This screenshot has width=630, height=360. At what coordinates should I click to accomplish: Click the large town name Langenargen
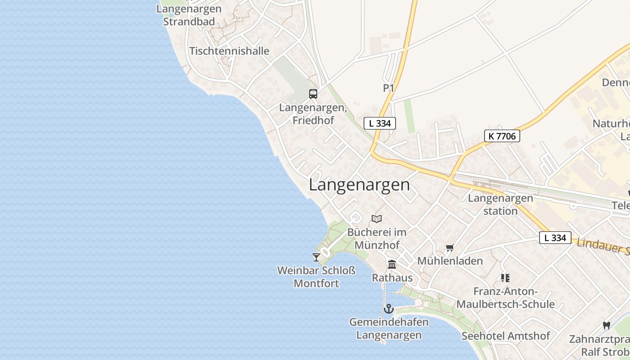pyautogui.click(x=360, y=185)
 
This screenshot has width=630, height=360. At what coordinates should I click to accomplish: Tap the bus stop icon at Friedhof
pyautogui.click(x=313, y=94)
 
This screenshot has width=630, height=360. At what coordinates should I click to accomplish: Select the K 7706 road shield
pyautogui.click(x=502, y=136)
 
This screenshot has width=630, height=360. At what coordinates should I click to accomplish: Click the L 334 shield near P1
pyautogui.click(x=380, y=123)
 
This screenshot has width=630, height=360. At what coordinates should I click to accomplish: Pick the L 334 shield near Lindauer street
pyautogui.click(x=555, y=238)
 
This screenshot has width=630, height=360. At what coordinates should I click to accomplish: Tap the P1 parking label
pyautogui.click(x=388, y=88)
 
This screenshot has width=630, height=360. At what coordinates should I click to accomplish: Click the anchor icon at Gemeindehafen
pyautogui.click(x=388, y=309)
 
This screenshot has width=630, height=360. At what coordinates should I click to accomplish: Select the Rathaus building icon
pyautogui.click(x=392, y=264)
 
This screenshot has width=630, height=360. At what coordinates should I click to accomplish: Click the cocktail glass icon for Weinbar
pyautogui.click(x=316, y=257)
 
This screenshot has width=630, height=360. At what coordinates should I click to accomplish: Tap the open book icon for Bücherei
pyautogui.click(x=377, y=219)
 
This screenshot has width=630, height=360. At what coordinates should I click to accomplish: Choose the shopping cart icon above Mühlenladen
pyautogui.click(x=450, y=247)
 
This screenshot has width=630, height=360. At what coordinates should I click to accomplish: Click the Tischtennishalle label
pyautogui.click(x=229, y=51)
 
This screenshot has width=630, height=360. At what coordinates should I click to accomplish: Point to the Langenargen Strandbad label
pyautogui.click(x=189, y=15)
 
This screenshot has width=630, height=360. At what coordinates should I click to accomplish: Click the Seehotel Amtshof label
pyautogui.click(x=506, y=336)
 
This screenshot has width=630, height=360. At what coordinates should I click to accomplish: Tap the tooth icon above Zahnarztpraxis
pyautogui.click(x=606, y=325)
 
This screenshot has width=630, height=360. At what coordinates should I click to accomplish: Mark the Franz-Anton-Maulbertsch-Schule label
pyautogui.click(x=505, y=298)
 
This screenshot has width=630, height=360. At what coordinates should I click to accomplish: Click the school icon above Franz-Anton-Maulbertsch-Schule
pyautogui.click(x=505, y=278)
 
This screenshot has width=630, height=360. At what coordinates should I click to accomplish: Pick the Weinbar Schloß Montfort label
pyautogui.click(x=316, y=277)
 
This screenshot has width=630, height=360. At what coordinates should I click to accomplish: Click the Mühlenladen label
pyautogui.click(x=450, y=261)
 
